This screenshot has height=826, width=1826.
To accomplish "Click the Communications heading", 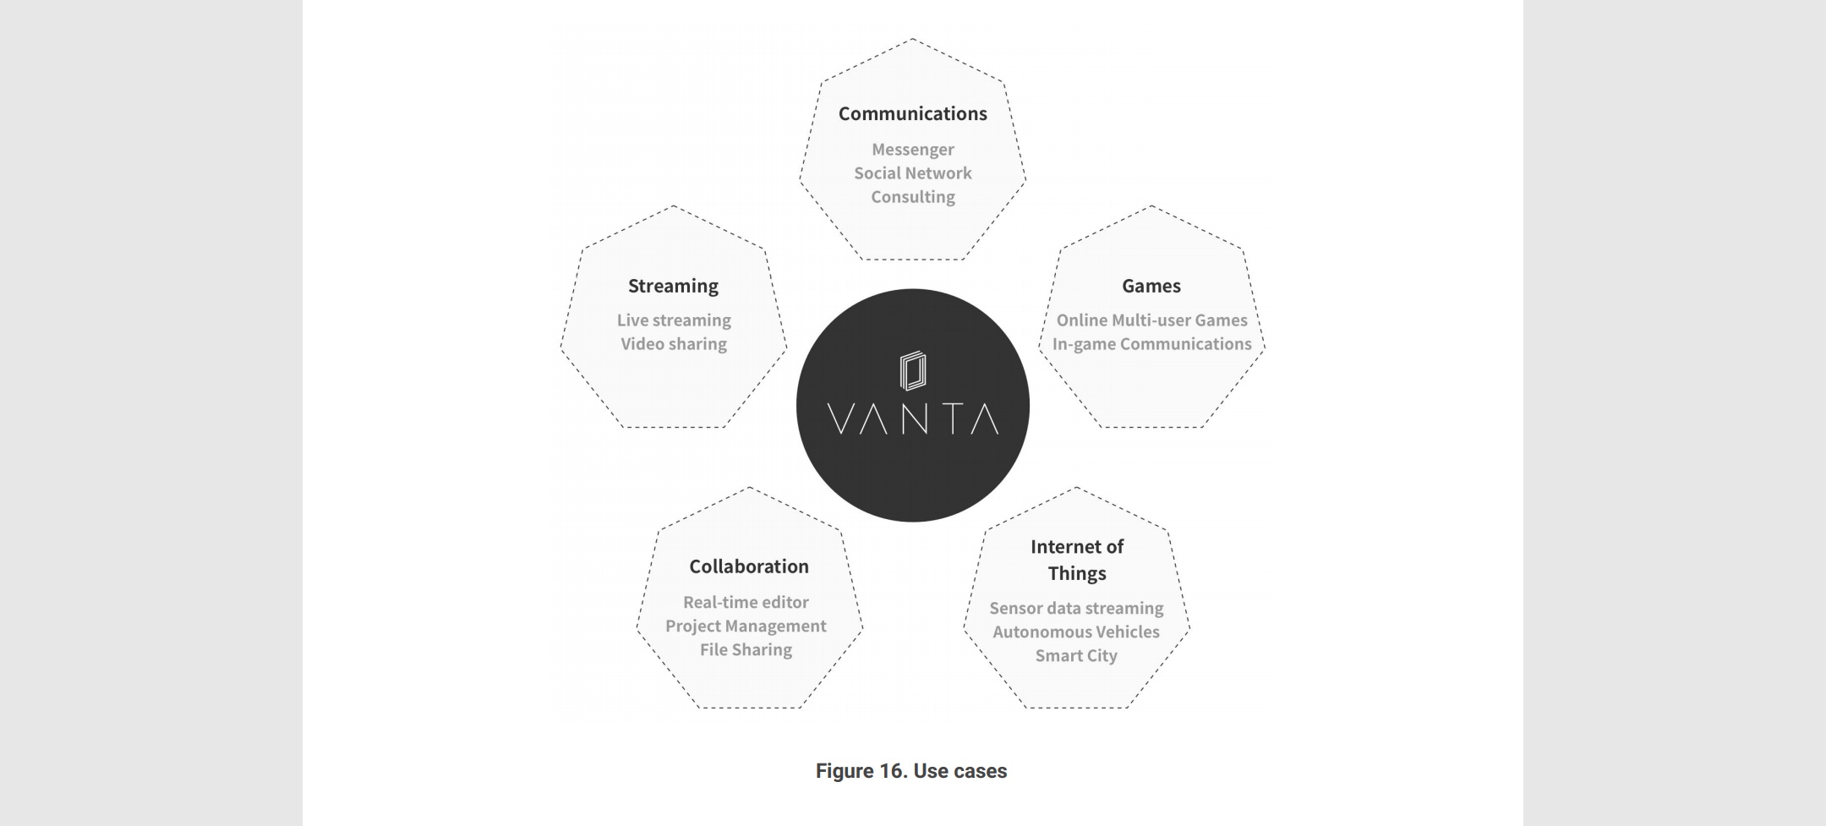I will (x=912, y=113).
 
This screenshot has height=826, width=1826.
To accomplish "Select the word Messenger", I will (x=912, y=150).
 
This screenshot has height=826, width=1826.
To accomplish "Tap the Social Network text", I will (x=912, y=173).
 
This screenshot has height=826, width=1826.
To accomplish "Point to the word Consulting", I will (x=912, y=197).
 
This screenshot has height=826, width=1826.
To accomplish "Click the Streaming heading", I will (x=673, y=286).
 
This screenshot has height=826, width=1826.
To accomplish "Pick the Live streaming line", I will (x=673, y=320).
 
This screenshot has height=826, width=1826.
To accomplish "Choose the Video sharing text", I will (x=673, y=344).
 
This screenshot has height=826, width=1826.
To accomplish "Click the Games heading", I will (x=1151, y=286).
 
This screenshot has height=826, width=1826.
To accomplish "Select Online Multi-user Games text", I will (x=1151, y=320).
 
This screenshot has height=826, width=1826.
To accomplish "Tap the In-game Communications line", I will (x=1151, y=344).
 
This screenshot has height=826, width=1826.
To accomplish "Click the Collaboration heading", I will (x=748, y=566).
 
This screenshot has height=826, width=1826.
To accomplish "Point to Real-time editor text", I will (x=746, y=602).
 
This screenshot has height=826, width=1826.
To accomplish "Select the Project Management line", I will (x=746, y=626).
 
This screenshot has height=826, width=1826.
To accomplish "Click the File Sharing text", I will (x=746, y=649).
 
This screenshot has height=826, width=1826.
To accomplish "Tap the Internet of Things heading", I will (x=1076, y=560).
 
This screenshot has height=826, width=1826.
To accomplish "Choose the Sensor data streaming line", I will (x=1076, y=608).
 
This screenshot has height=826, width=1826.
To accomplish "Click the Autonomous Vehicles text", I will (x=1076, y=632).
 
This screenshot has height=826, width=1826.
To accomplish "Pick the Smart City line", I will (x=1076, y=655).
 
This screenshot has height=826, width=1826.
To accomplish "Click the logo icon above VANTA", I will (x=912, y=371).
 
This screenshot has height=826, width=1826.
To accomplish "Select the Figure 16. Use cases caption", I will (x=910, y=771).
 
